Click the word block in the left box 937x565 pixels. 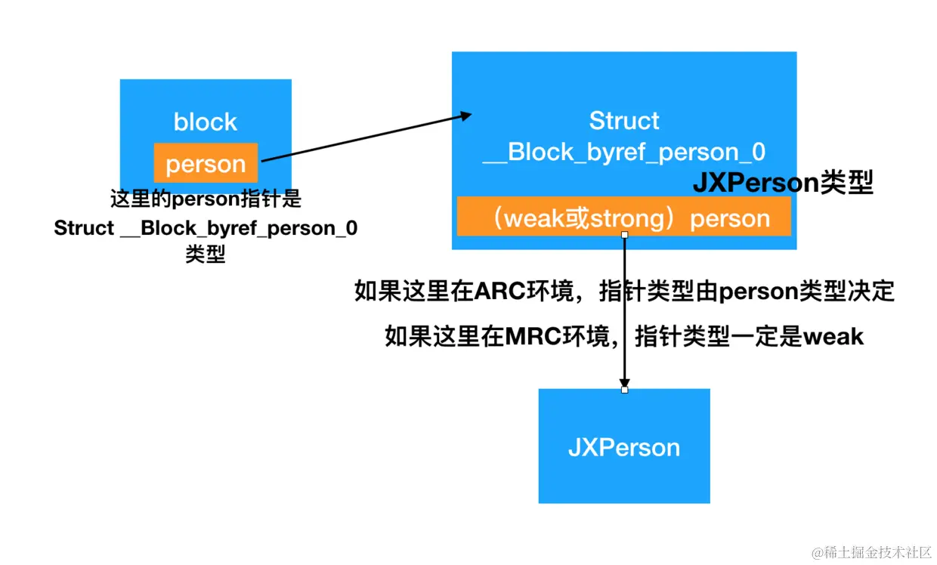coord(205,122)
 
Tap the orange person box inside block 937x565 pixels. coord(206,163)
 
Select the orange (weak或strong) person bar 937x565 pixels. coord(624,218)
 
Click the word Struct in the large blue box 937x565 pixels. coord(624,121)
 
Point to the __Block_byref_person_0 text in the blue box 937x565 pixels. coord(624,153)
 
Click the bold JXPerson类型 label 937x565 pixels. coord(783,183)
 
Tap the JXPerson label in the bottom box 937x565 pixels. coord(624,447)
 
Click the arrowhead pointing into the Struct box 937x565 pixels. coord(465,116)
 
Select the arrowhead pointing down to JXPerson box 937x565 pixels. coord(624,381)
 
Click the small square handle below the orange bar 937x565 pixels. coord(624,236)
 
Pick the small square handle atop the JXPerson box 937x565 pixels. coord(624,390)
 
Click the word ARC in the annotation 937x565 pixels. coord(496,292)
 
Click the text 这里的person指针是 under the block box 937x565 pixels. coord(206,199)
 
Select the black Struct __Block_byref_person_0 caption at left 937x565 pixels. coord(206,228)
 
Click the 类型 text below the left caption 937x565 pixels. coord(206,255)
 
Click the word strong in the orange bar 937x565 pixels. coord(621,218)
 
